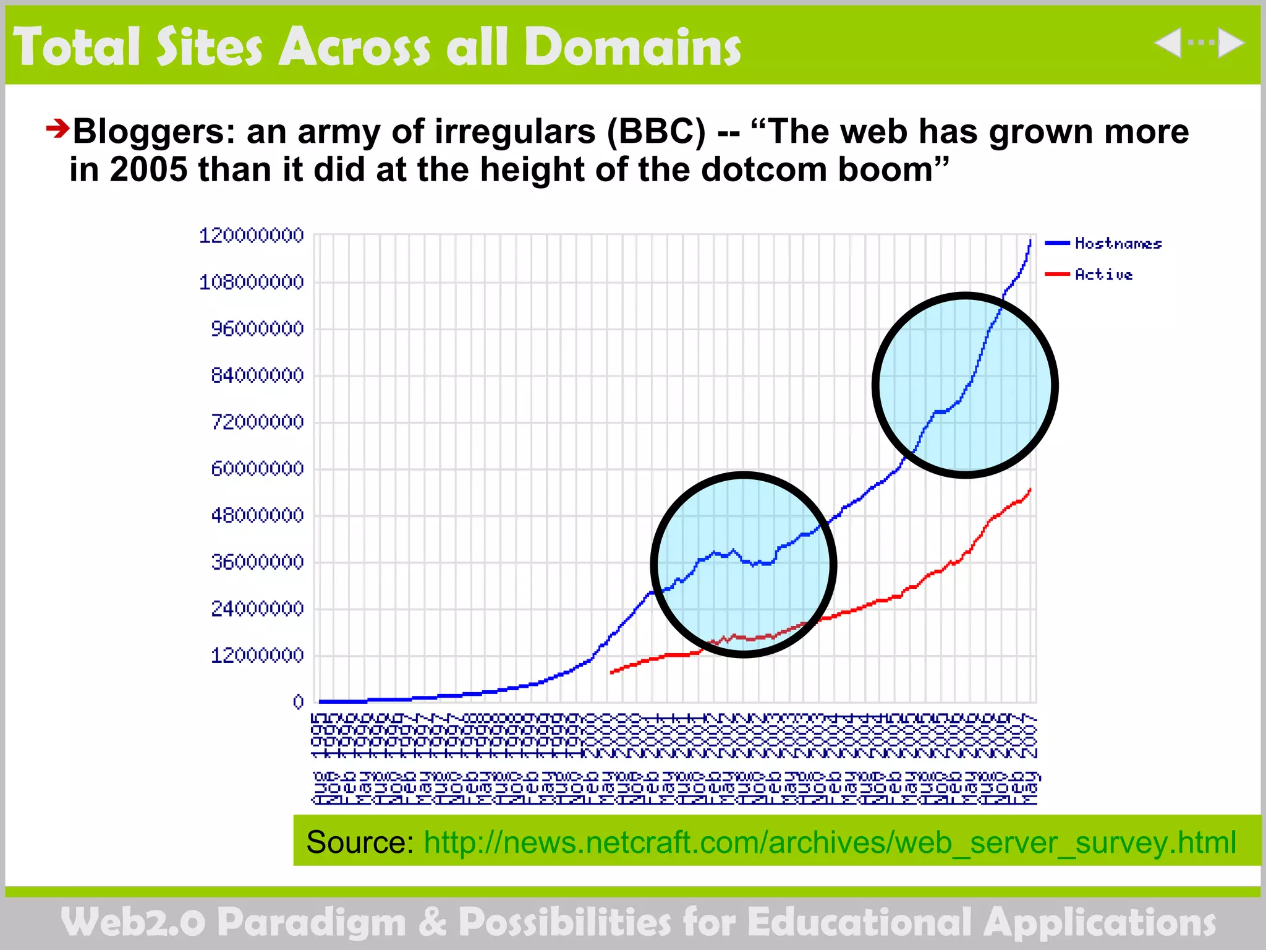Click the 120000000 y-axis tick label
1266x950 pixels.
[251, 236]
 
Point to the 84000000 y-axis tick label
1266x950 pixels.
[257, 375]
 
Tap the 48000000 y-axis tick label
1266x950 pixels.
[257, 515]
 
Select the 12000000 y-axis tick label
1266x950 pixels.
[257, 656]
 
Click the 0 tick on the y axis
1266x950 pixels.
[299, 701]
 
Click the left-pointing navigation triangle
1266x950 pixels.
[1168, 43]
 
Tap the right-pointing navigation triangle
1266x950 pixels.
[1231, 43]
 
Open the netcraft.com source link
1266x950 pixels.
[830, 842]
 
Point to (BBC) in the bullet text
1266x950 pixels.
[656, 132]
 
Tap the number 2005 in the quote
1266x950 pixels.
[148, 169]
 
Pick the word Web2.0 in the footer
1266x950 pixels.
[133, 922]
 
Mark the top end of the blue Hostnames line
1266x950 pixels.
[1030, 239]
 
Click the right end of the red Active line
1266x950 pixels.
[1030, 489]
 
